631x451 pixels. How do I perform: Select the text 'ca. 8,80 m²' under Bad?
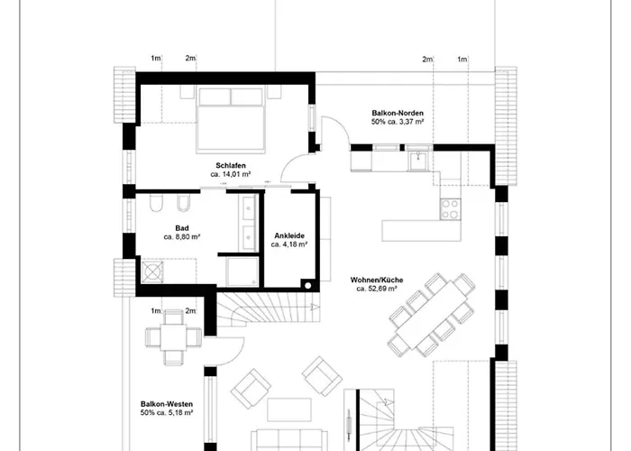tap(182, 236)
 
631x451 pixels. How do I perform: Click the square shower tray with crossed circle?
tap(150, 271)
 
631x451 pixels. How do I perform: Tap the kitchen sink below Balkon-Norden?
tap(418, 161)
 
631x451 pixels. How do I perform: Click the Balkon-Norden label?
tap(398, 112)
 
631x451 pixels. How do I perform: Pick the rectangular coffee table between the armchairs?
tap(287, 406)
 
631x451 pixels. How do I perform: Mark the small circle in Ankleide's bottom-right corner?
tap(309, 285)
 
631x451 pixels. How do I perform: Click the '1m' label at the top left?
tap(155, 59)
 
